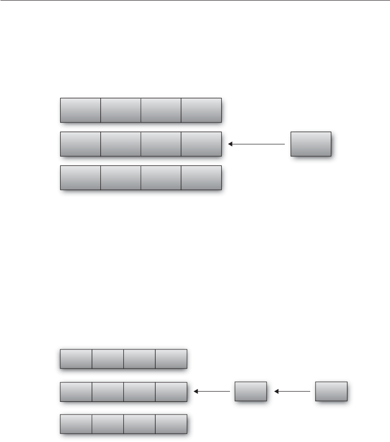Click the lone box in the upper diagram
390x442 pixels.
(x=311, y=144)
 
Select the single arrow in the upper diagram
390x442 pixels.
(x=256, y=144)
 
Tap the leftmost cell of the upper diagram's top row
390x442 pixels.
(x=80, y=110)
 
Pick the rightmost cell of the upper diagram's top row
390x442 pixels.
(x=201, y=110)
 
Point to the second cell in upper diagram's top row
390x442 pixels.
(x=120, y=110)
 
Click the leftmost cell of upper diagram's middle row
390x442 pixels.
(x=80, y=144)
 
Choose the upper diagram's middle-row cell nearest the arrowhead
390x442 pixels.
(x=201, y=144)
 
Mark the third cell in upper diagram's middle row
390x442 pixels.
(x=161, y=144)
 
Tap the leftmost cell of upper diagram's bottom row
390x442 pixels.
(x=80, y=178)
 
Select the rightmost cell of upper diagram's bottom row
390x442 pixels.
(x=201, y=178)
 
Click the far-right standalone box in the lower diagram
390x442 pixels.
(x=331, y=391)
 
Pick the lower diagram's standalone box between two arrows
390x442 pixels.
(x=251, y=391)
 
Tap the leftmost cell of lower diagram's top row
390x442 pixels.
(x=76, y=359)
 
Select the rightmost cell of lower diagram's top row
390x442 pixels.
(x=171, y=359)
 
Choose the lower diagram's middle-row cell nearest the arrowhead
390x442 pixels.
(x=171, y=391)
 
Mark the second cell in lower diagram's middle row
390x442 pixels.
(x=108, y=391)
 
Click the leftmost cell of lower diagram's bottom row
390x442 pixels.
(x=76, y=423)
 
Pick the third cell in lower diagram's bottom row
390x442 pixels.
(x=139, y=423)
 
